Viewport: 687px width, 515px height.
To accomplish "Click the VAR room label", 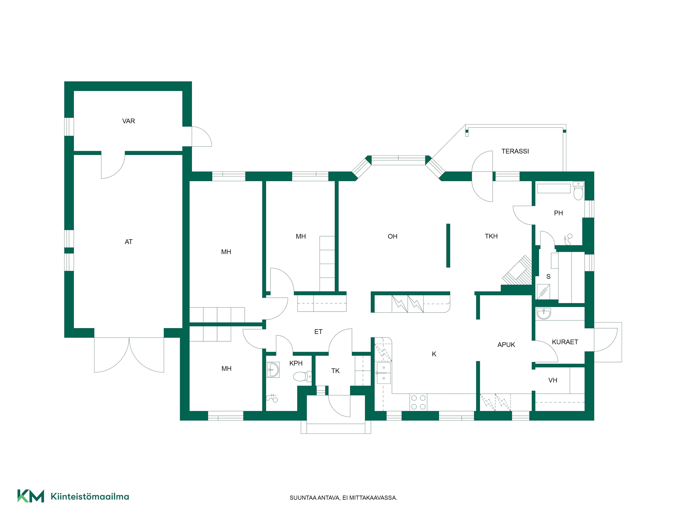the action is click(129, 121).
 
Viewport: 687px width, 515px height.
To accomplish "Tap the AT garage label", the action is click(129, 242).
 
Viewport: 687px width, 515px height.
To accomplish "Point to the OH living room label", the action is click(393, 237).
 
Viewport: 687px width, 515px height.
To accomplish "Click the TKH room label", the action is click(491, 236).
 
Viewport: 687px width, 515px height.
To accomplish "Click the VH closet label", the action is click(553, 380).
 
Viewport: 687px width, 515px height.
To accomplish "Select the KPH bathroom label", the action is click(296, 363).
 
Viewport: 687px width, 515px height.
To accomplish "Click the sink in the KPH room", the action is click(273, 370).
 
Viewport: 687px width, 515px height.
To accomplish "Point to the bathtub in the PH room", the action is click(553, 188).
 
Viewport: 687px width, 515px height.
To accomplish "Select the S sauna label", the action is click(548, 277).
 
